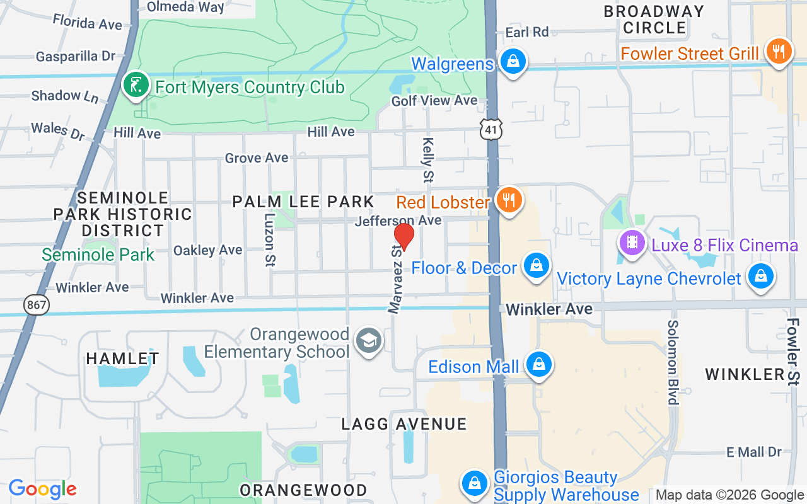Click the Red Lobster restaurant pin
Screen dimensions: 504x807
tap(508, 200)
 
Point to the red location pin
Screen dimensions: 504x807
tap(404, 237)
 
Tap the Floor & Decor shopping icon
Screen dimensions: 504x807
tap(536, 265)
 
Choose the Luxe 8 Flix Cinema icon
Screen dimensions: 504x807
tap(632, 242)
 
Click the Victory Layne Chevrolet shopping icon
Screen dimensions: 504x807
tap(761, 276)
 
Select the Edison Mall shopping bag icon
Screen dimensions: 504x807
tap(539, 365)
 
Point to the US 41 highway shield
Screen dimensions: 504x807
tap(491, 129)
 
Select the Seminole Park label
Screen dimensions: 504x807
tap(98, 255)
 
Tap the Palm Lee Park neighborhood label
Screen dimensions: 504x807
tap(303, 202)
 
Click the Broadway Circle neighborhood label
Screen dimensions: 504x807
tap(654, 20)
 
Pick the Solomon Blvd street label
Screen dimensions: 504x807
tap(673, 362)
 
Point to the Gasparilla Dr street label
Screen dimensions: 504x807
tap(76, 56)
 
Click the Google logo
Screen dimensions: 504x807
tap(42, 489)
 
